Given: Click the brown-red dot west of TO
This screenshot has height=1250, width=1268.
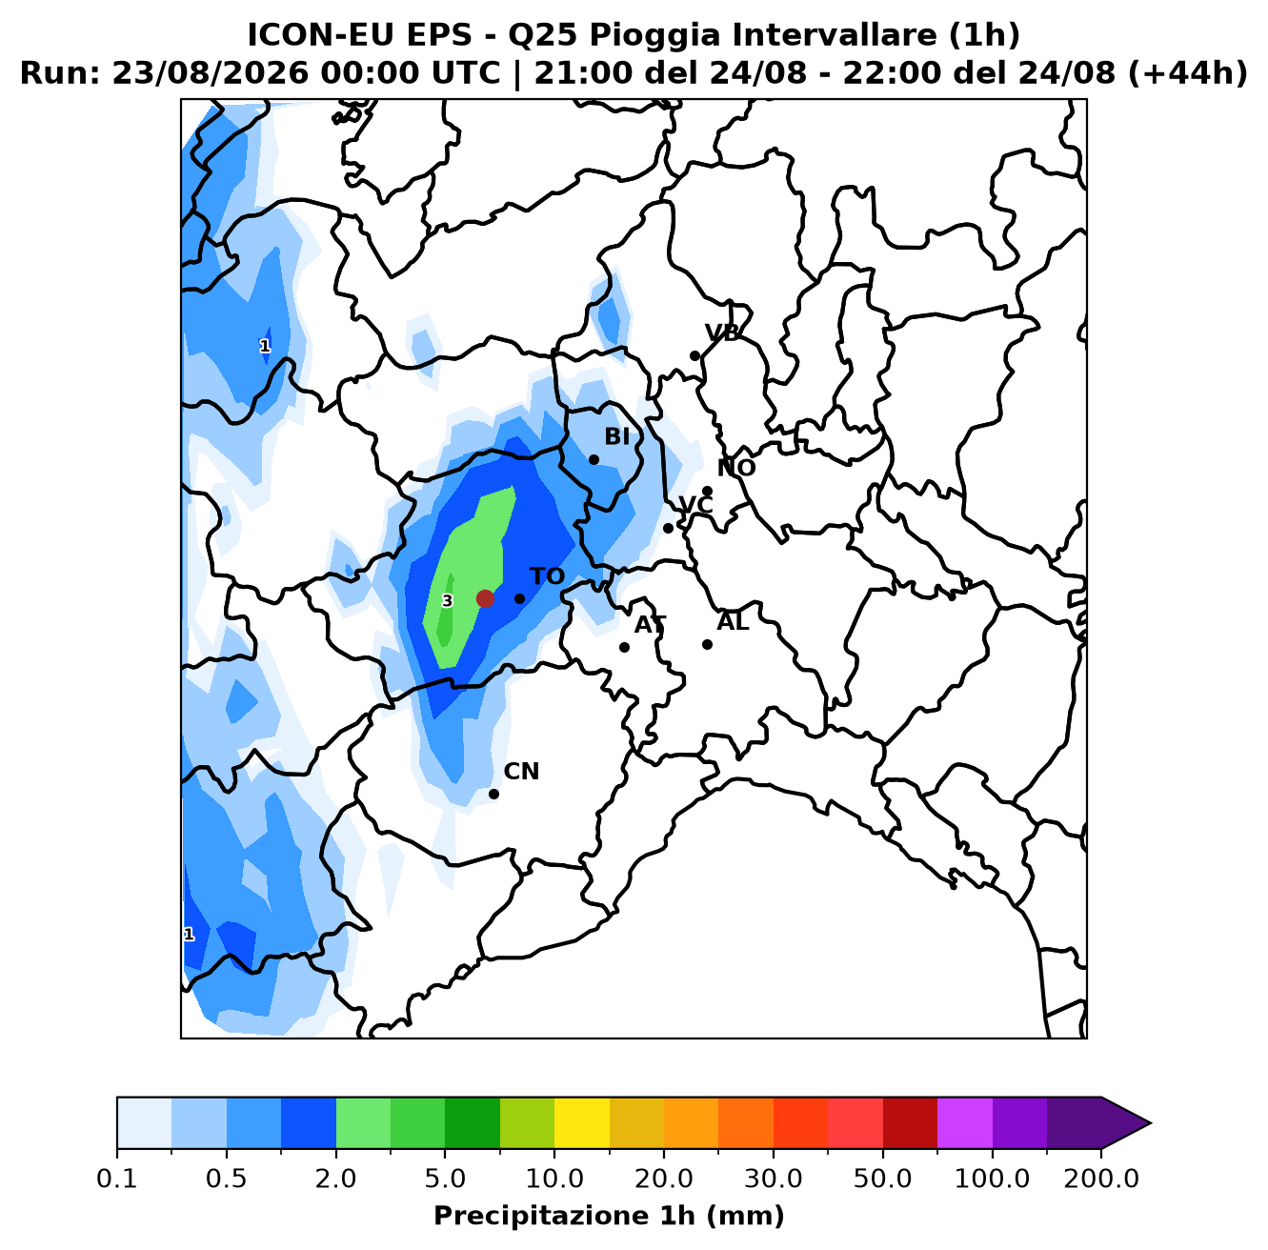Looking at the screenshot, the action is coord(485,598).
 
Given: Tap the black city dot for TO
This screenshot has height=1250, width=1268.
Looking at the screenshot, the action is coord(519,598).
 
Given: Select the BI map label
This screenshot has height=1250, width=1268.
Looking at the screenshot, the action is coord(616,436).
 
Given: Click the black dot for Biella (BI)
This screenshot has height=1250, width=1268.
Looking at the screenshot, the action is coord(594,459).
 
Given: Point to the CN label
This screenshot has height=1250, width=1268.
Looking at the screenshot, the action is coord(521,771).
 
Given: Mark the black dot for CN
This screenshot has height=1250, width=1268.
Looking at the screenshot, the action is coord(493,794).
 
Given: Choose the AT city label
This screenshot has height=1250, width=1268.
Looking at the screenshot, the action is coord(650,625).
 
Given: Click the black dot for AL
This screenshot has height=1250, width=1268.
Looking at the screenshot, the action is coord(707,644).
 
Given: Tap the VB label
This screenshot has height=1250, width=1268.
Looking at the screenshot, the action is coord(722,333).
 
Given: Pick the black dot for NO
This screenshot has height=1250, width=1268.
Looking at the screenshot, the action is coord(707,491).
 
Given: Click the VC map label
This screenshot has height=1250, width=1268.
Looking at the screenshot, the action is coord(695,505).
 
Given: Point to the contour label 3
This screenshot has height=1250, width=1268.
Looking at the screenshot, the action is coord(447,601).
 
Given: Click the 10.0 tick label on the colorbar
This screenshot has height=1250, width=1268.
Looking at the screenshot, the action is coord(554,1179).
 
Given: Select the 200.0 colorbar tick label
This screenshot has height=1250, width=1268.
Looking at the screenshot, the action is coord(1101,1179).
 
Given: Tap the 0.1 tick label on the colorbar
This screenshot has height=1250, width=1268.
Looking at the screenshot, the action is coord(117,1179).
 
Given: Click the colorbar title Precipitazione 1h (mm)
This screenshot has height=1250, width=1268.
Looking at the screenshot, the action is coord(609,1216).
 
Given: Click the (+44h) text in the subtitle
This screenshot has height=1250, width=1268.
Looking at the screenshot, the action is coord(1187,73).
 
